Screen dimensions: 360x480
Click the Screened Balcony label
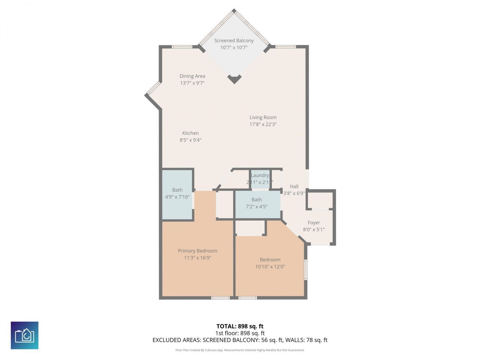pyautogui.click(x=234, y=40)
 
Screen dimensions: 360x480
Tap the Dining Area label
pyautogui.click(x=192, y=76)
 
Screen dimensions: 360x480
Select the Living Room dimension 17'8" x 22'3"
pyautogui.click(x=263, y=124)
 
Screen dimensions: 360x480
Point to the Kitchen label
pyautogui.click(x=190, y=133)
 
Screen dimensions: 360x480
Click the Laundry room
pyautogui.click(x=260, y=179)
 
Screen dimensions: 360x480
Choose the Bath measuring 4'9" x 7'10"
pyautogui.click(x=177, y=194)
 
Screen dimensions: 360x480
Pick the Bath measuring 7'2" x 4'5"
pyautogui.click(x=257, y=203)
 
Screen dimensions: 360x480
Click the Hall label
pyautogui.click(x=294, y=186)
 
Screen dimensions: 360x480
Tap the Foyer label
pyautogui.click(x=314, y=223)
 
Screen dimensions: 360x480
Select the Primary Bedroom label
pyautogui.click(x=198, y=251)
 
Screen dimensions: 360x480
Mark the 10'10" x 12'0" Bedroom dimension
pyautogui.click(x=270, y=267)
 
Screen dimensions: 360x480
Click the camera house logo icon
pyautogui.click(x=24, y=335)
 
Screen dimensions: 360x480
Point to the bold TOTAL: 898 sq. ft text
pyautogui.click(x=240, y=326)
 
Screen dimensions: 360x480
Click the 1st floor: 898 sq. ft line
pyautogui.click(x=240, y=333)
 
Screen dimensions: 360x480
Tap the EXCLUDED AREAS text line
pyautogui.click(x=240, y=340)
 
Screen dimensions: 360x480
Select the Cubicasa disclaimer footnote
pyautogui.click(x=240, y=350)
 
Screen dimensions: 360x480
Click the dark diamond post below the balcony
pyautogui.click(x=234, y=78)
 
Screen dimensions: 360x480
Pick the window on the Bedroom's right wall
pyautogui.click(x=306, y=270)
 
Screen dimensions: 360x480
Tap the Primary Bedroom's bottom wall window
pyautogui.click(x=220, y=298)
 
